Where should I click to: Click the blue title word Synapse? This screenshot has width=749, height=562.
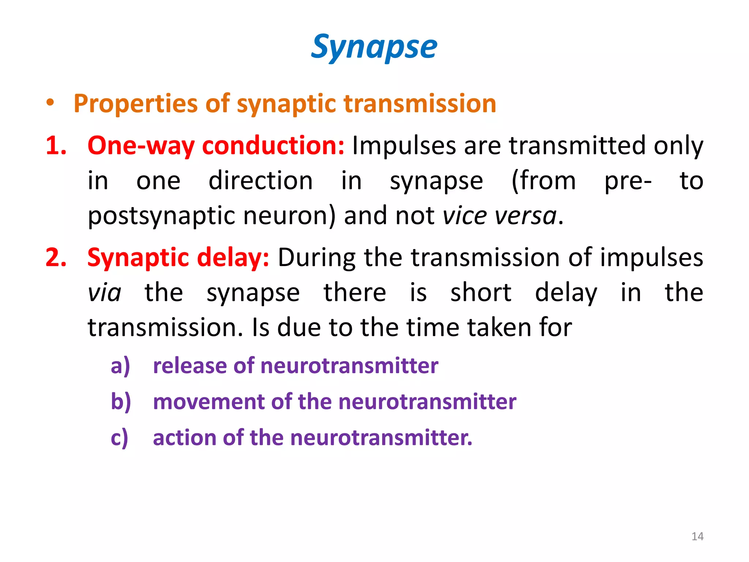pyautogui.click(x=374, y=47)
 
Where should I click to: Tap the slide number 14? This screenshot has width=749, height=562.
pyautogui.click(x=697, y=536)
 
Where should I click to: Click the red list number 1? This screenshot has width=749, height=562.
pyautogui.click(x=56, y=146)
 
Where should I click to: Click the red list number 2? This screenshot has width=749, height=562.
pyautogui.click(x=56, y=258)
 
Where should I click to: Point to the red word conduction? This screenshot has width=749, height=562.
pyautogui.click(x=273, y=146)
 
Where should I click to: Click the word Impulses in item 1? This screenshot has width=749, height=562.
pyautogui.click(x=404, y=146)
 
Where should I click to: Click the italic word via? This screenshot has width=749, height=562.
pyautogui.click(x=104, y=293)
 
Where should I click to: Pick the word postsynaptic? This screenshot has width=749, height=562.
pyautogui.click(x=161, y=216)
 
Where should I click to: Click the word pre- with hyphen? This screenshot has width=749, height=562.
pyautogui.click(x=628, y=181)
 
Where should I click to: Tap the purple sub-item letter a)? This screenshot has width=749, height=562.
pyautogui.click(x=120, y=366)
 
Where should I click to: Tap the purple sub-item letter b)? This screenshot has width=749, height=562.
pyautogui.click(x=121, y=402)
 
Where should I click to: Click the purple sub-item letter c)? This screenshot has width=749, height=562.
pyautogui.click(x=120, y=438)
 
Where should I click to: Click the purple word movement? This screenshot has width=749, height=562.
pyautogui.click(x=208, y=402)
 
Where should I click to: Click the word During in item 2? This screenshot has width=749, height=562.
pyautogui.click(x=316, y=258)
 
